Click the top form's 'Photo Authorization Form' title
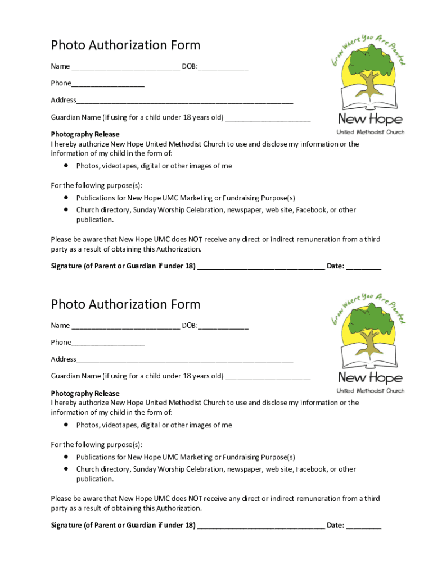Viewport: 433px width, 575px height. point(125,45)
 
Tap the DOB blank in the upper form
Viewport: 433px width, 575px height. point(223,68)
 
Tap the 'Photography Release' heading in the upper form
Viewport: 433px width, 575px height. point(85,134)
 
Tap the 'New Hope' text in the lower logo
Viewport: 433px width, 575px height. point(370,377)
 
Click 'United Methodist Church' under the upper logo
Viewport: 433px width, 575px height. point(370,133)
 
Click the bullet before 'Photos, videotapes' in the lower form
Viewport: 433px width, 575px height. point(66,425)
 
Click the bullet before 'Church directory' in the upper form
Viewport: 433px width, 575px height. point(66,209)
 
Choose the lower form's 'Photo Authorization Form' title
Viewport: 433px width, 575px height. point(125,304)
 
